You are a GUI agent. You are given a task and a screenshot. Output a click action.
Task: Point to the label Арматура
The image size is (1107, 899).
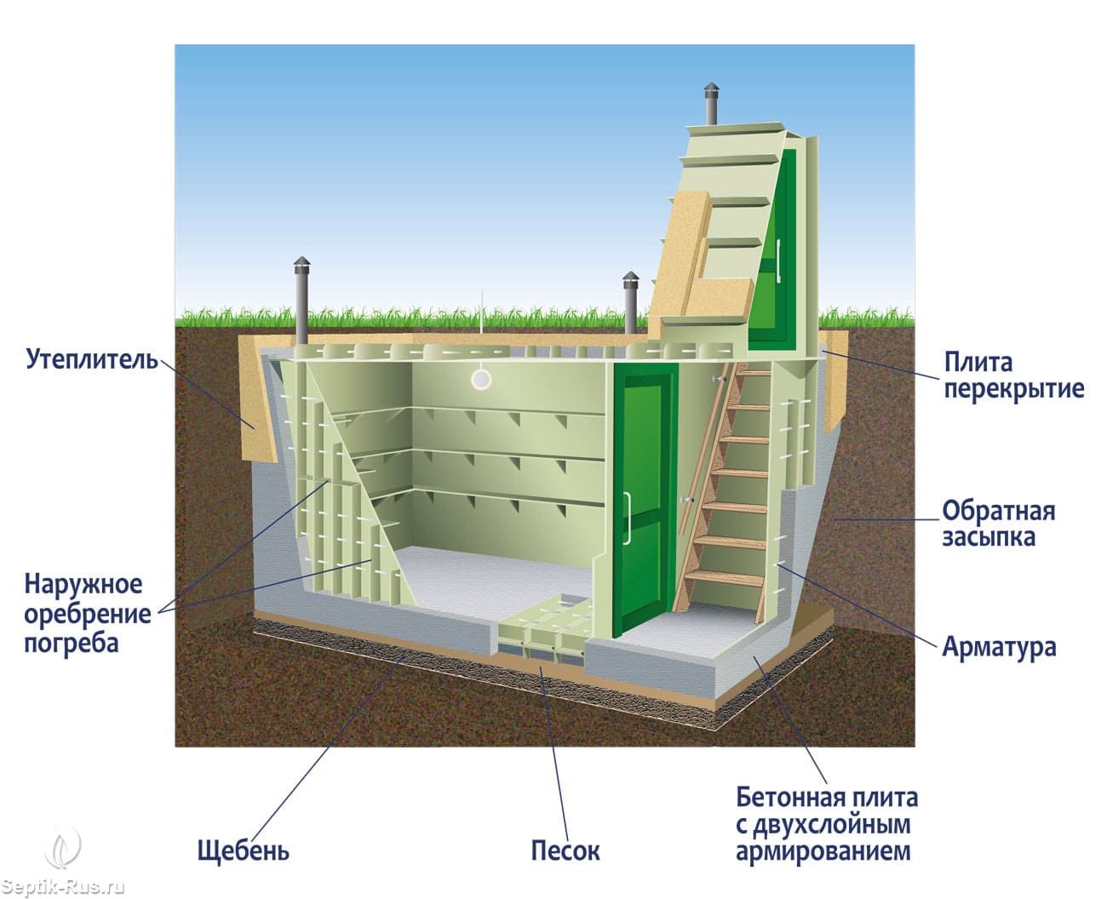point(999,646)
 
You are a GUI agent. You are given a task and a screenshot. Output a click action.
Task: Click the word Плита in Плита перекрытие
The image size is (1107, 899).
point(978,362)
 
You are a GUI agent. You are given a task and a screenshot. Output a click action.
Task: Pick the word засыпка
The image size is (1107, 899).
point(989,537)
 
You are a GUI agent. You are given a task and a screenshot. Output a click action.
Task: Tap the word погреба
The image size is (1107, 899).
point(72,642)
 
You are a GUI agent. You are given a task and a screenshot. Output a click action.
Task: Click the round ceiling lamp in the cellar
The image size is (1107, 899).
point(481,379)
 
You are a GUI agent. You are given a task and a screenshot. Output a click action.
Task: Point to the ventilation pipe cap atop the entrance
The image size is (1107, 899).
point(709,91)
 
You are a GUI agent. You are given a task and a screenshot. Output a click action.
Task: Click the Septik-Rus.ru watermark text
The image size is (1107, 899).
point(63,886)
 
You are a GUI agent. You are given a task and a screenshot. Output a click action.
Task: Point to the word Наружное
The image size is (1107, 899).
point(83,585)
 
